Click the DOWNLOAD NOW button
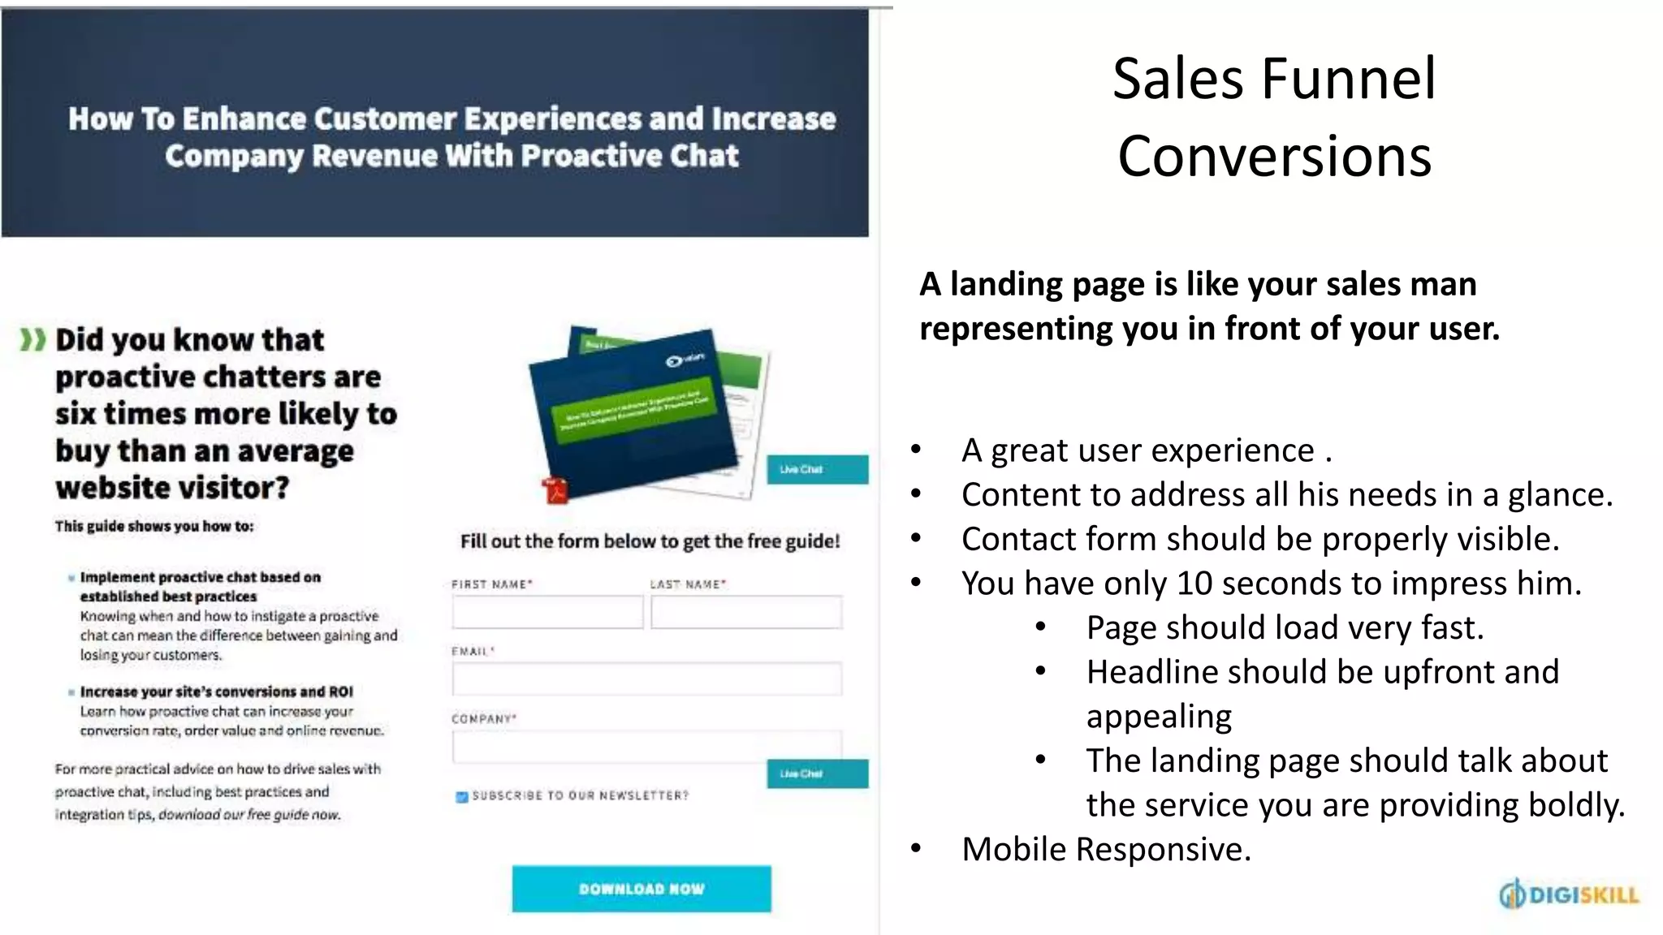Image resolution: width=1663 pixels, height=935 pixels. (x=641, y=889)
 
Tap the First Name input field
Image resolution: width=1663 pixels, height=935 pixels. (x=547, y=612)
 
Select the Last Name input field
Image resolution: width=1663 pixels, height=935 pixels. (x=745, y=612)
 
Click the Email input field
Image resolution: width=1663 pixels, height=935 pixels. (x=646, y=679)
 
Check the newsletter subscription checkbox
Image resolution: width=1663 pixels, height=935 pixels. (x=462, y=797)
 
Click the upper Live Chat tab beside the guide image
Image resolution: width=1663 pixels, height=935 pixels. (x=817, y=469)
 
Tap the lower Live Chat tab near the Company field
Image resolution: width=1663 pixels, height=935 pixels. (x=817, y=773)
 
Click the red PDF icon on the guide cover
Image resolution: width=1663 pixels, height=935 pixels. (x=556, y=491)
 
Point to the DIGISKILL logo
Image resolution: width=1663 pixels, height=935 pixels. (x=1569, y=894)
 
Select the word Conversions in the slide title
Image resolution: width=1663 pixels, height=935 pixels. (x=1274, y=156)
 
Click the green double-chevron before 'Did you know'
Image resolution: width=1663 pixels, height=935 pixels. (x=32, y=340)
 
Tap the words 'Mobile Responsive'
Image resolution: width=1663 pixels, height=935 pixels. (x=1106, y=850)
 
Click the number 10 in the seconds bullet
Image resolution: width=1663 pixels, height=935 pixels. (x=1194, y=584)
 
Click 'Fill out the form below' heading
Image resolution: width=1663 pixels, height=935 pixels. (x=650, y=541)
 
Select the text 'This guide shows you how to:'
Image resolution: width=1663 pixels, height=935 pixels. (x=154, y=526)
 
